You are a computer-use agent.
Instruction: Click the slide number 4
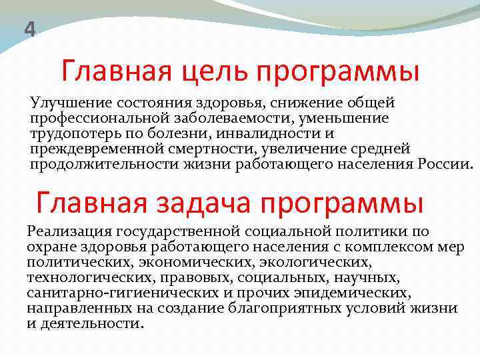pos(29,29)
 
